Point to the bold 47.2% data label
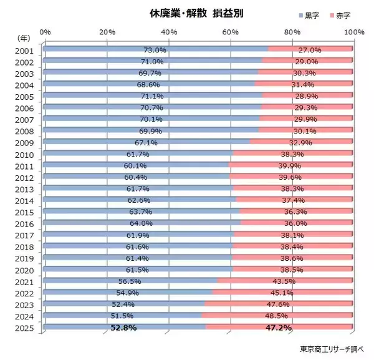(278, 327)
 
